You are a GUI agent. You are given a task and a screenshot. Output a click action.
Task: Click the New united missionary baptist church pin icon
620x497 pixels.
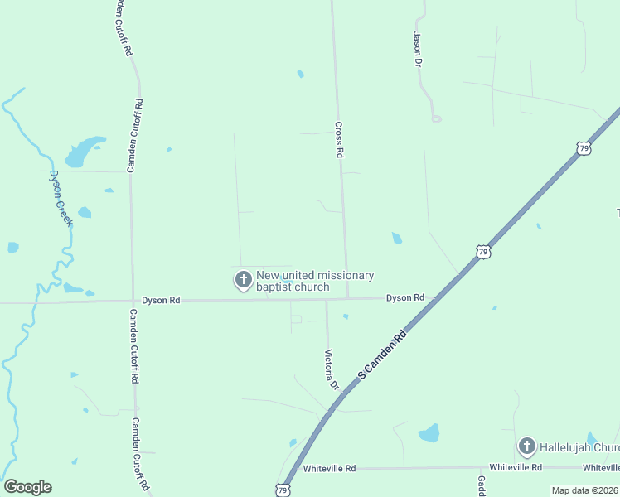244,280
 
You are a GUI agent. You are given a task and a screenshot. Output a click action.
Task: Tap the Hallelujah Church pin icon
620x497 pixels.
526,447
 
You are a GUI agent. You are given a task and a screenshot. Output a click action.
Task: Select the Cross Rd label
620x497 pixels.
338,140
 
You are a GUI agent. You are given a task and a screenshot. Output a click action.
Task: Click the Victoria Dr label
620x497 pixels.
331,369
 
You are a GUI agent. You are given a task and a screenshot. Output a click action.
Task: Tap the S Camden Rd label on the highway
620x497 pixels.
385,352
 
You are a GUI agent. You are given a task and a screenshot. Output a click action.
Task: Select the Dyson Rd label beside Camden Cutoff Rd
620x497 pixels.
161,300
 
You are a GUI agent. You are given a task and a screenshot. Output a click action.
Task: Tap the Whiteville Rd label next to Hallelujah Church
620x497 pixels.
516,468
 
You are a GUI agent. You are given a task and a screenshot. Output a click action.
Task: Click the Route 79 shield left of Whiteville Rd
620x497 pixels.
283,490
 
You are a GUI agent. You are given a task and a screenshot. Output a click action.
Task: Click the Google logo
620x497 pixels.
27,487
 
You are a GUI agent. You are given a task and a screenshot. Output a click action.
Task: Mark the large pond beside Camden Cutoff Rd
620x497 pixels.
82,151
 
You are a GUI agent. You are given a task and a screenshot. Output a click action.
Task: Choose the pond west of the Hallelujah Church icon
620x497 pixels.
429,433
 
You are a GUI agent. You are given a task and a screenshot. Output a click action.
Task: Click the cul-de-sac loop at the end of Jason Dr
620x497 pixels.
436,118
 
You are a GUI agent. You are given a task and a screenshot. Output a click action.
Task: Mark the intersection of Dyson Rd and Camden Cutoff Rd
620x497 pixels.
133,301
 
